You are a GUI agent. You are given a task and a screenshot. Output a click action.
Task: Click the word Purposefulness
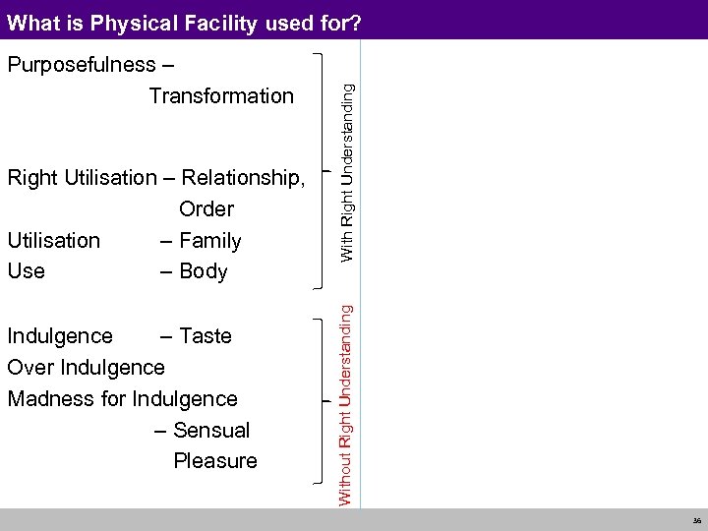pyautogui.click(x=82, y=65)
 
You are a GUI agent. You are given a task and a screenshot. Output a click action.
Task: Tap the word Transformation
pyautogui.click(x=221, y=95)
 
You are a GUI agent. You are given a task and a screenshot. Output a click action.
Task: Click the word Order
pyautogui.click(x=206, y=208)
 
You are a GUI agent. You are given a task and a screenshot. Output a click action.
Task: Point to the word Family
pyautogui.click(x=209, y=240)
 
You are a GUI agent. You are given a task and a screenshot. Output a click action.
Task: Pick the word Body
pyautogui.click(x=203, y=271)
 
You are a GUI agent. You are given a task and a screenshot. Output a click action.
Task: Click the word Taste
pyautogui.click(x=206, y=336)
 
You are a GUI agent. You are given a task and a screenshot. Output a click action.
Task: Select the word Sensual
pyautogui.click(x=211, y=430)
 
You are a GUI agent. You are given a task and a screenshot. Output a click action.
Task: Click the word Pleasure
pyautogui.click(x=215, y=460)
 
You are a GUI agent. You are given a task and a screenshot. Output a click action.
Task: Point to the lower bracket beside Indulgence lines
pyautogui.click(x=324, y=403)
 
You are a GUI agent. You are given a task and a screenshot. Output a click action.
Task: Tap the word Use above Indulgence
pyautogui.click(x=26, y=271)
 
